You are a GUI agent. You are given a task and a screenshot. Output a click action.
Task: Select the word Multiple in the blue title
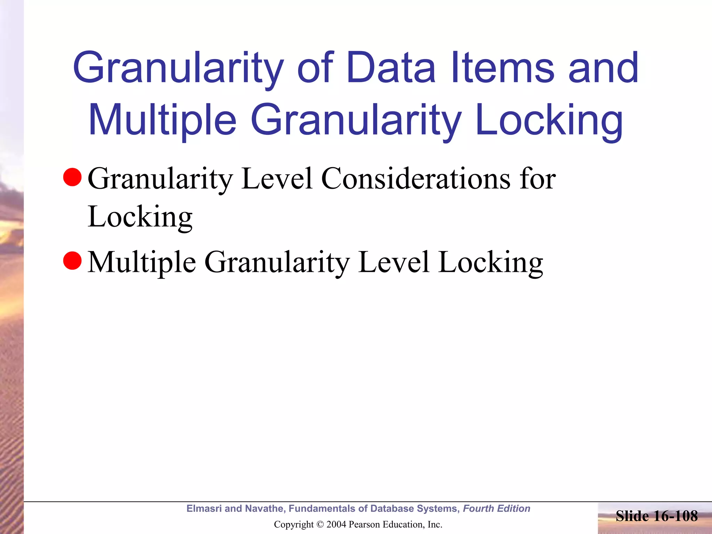162,120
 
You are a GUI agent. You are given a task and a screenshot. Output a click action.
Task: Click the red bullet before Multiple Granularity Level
72,260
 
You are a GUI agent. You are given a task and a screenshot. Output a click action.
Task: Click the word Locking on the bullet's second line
140,217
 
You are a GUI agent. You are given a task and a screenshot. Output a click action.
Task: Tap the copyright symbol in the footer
320,525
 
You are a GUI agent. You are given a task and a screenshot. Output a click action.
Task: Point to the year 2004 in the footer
336,525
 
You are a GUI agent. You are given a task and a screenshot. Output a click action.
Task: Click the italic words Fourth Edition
496,509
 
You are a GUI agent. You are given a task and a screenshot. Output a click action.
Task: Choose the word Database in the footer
392,509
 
